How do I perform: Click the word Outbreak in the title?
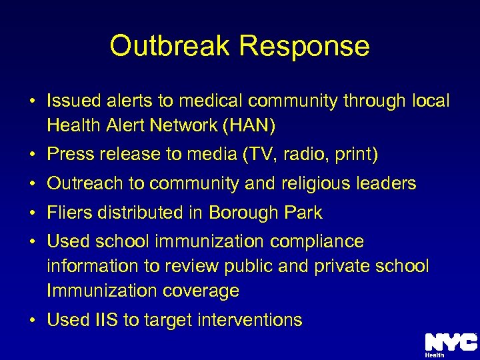[x=169, y=46]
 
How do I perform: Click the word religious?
[x=319, y=183]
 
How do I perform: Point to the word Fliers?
[x=69, y=213]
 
